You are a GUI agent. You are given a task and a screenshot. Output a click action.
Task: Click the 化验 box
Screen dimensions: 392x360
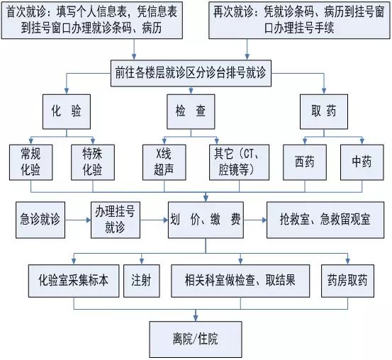(x=67, y=112)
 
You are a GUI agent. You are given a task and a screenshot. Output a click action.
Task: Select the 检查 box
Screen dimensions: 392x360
(x=191, y=112)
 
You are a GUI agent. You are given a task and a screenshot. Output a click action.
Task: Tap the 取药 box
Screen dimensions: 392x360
(x=324, y=112)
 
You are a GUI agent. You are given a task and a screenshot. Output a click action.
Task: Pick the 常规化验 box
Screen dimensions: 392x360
(x=31, y=162)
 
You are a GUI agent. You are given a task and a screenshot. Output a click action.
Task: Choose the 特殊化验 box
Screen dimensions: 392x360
(x=93, y=162)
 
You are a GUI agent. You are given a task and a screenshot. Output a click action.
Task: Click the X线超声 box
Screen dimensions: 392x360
(x=164, y=162)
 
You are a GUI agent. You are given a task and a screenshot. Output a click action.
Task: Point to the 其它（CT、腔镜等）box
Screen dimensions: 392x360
(x=240, y=162)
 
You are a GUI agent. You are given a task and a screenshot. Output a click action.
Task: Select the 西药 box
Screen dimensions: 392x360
(x=305, y=162)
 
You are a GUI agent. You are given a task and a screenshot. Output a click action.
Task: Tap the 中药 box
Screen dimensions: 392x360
(x=362, y=162)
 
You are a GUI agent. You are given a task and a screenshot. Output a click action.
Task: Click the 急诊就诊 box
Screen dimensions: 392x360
(x=40, y=220)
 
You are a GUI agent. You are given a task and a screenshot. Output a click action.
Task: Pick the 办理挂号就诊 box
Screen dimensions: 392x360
(x=116, y=220)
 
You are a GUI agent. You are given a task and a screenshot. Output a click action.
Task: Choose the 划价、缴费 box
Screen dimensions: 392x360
(x=206, y=220)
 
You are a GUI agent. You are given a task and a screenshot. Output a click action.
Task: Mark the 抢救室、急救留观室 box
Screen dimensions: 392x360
(x=325, y=220)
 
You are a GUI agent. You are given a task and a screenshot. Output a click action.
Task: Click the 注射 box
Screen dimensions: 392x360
(x=142, y=281)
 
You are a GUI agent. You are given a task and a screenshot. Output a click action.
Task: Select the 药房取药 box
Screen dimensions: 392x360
(x=347, y=281)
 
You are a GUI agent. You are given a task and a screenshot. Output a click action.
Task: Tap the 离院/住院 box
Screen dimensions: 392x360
(x=196, y=339)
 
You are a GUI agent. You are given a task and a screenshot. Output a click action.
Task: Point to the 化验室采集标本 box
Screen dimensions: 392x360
(x=74, y=281)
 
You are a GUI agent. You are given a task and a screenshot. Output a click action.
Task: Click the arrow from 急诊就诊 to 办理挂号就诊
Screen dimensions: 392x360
(x=78, y=220)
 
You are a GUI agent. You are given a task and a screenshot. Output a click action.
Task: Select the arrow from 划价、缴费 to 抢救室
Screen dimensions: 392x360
(x=255, y=220)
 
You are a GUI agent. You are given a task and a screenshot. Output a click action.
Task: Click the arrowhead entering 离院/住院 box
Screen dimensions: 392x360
(x=196, y=318)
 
